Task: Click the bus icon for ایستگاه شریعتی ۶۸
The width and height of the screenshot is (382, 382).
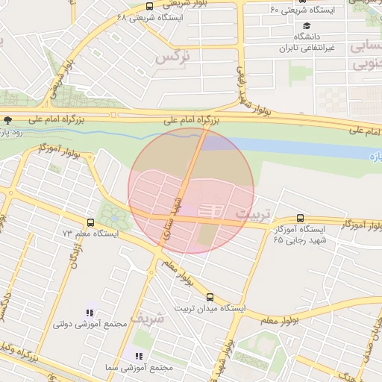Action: [x=150, y=6]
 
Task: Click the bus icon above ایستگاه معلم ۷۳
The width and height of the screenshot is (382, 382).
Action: [x=90, y=222]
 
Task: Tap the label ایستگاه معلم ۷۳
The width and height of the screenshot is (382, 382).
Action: [x=87, y=234]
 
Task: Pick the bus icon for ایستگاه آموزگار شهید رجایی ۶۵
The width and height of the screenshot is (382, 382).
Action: [x=300, y=218]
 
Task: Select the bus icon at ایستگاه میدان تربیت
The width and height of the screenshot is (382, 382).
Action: [x=209, y=297]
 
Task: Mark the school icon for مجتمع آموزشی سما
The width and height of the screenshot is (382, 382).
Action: [x=139, y=357]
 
